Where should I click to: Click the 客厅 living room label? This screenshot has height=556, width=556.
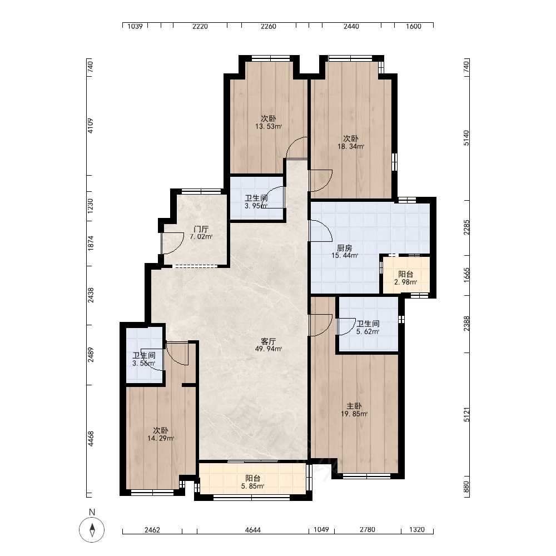(x=268, y=341)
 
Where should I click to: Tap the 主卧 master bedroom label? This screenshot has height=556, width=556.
(x=354, y=406)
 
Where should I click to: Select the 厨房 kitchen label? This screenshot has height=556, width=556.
(x=344, y=248)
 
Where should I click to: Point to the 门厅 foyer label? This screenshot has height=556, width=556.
(x=201, y=229)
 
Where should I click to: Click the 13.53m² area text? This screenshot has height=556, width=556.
(x=269, y=126)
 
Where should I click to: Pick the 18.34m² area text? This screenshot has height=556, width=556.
(x=351, y=146)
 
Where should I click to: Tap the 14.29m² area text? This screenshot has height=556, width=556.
(x=161, y=438)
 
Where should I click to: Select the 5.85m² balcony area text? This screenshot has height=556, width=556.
(x=252, y=486)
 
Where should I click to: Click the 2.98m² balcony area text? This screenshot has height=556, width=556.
(x=405, y=282)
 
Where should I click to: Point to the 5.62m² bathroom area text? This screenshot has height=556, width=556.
(x=368, y=331)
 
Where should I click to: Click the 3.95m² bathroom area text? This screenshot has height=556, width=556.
(x=256, y=206)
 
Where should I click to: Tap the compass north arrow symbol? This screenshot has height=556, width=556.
(x=92, y=530)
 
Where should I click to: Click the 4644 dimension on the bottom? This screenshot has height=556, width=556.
(x=252, y=530)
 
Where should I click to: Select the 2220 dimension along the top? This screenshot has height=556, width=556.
(x=200, y=26)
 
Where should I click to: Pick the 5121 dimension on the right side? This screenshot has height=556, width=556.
(x=466, y=415)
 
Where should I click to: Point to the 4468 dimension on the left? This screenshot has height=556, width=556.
(x=91, y=439)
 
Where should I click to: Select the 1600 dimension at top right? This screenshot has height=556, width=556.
(x=414, y=26)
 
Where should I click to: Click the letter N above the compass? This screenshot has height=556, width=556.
(x=92, y=512)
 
